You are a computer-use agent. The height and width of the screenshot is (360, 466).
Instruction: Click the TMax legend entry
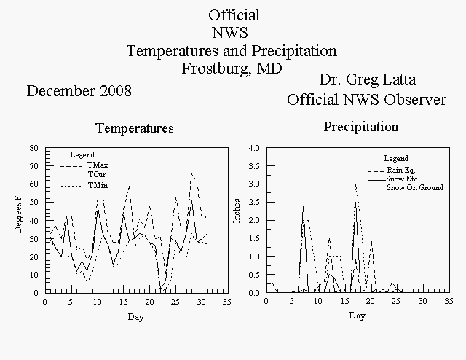98,165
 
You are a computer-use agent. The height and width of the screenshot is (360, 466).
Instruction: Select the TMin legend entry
98,186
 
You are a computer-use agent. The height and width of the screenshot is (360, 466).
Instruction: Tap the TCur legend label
97,175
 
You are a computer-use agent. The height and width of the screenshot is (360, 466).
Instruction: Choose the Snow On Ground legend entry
415,188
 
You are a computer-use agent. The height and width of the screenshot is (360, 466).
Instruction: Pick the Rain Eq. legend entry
401,171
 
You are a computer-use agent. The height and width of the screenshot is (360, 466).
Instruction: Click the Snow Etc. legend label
403,179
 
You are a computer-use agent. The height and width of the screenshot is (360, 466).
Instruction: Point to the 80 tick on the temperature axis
34,148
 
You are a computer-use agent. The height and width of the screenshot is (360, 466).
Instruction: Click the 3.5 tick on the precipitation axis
254,166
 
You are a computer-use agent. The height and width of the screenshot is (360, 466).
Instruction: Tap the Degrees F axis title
18,214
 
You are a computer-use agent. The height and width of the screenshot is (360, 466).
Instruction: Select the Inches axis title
237,211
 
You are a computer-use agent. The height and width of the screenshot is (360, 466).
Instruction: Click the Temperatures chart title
135,128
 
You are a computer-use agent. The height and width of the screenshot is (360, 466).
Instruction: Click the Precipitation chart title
361,127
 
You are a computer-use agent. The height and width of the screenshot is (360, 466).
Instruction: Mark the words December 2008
79,91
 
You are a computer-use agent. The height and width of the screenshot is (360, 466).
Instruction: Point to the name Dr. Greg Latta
368,79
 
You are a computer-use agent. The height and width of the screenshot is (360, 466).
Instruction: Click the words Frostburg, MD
232,69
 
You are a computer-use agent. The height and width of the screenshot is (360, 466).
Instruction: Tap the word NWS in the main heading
230,33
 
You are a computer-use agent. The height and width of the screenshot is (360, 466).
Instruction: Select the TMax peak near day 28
192,173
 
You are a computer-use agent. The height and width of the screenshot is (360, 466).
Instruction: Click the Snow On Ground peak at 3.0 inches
356,184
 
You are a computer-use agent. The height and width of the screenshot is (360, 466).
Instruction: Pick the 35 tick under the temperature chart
226,302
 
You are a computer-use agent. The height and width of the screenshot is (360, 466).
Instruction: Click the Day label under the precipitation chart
357,316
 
